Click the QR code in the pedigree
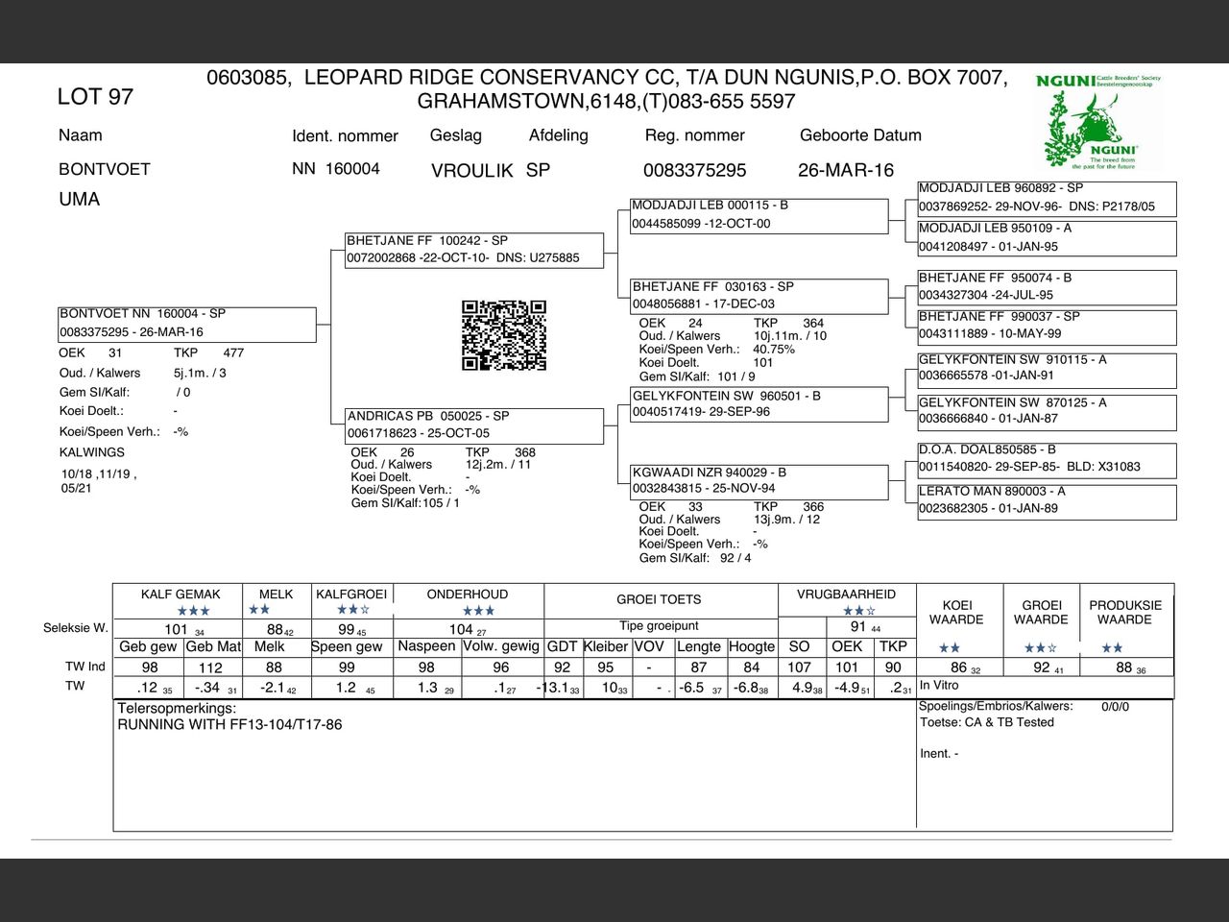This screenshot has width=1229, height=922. pyautogui.click(x=504, y=335)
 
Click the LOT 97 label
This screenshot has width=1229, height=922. pyautogui.click(x=95, y=97)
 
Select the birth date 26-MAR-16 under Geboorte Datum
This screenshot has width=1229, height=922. pyautogui.click(x=845, y=170)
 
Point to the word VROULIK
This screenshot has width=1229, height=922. pyautogui.click(x=471, y=171)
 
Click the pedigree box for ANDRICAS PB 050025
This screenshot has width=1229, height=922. pyautogui.click(x=475, y=425)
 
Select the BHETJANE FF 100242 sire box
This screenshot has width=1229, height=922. pyautogui.click(x=475, y=250)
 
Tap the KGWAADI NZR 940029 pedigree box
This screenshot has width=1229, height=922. pyautogui.click(x=759, y=481)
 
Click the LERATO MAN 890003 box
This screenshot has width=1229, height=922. pyautogui.click(x=1047, y=500)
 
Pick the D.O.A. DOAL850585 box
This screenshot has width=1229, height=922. pyautogui.click(x=1047, y=458)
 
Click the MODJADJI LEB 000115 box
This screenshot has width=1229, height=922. pyautogui.click(x=759, y=215)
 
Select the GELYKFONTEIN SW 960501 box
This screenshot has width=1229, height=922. pyautogui.click(x=759, y=404)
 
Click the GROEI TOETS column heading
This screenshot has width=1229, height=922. pyautogui.click(x=659, y=599)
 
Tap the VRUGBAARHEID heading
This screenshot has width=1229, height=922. pyautogui.click(x=846, y=594)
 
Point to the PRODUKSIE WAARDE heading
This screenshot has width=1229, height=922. pyautogui.click(x=1125, y=613)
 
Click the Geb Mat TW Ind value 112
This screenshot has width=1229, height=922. pyautogui.click(x=210, y=667)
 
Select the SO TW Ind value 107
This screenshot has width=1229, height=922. pyautogui.click(x=799, y=667)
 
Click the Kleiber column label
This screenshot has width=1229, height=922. pyautogui.click(x=605, y=646)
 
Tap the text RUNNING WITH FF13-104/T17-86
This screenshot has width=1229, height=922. pyautogui.click(x=229, y=725)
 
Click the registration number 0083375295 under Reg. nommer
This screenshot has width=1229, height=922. pyautogui.click(x=694, y=171)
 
